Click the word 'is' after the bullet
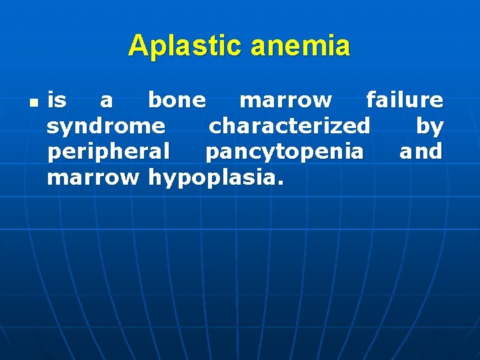coord(57,100)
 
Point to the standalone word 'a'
coord(106,101)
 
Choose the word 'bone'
coord(177,100)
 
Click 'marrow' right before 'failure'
coord(285,101)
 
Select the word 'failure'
coord(404,100)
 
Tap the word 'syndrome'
coord(106,126)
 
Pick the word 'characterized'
coord(289,125)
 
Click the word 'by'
coord(429,126)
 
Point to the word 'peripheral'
coord(109,152)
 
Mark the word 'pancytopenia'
coord(285,152)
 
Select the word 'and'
coord(421,151)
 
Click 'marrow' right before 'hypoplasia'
coord(93,177)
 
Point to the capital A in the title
coord(137,46)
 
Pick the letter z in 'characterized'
coord(337,126)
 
